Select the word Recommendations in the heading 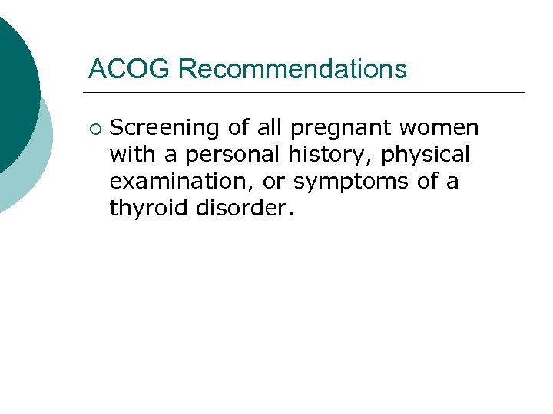tap(293, 69)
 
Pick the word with tap(134, 154)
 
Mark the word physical tap(426, 154)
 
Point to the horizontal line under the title tap(307, 93)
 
